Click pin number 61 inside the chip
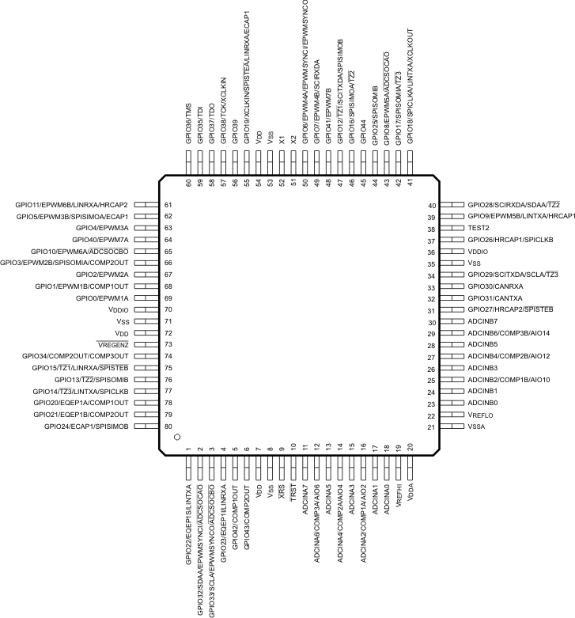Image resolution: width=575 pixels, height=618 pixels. point(168,205)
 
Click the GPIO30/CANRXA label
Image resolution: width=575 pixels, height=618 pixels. point(495,286)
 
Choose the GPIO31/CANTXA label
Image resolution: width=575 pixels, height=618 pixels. point(495,298)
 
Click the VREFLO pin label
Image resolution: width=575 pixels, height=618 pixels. point(482,415)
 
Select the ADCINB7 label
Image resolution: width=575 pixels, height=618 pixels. point(482,321)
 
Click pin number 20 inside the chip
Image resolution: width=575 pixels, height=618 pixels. point(410,449)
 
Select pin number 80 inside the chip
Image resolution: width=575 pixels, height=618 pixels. point(168,427)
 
